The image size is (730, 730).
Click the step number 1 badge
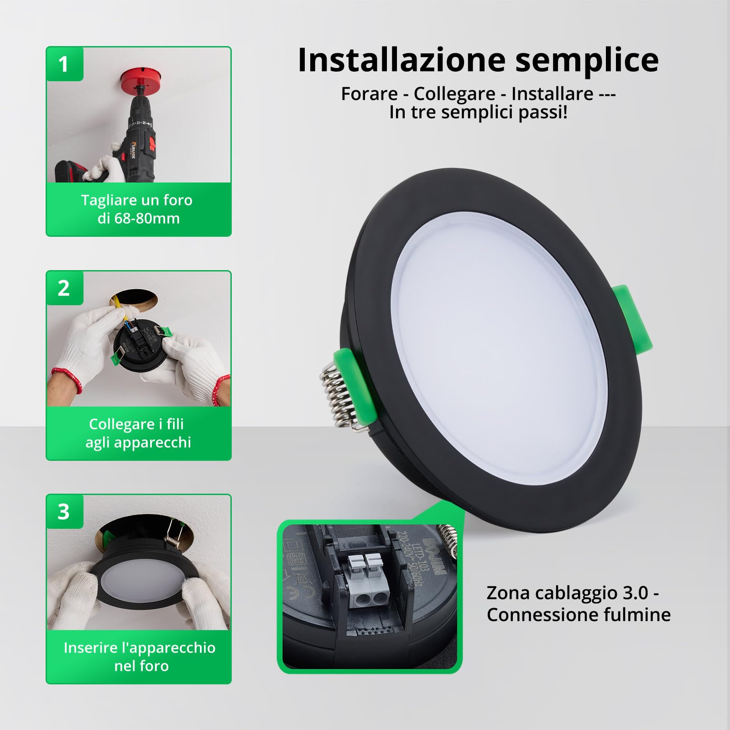coord(64,64)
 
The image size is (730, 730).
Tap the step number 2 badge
coord(64,288)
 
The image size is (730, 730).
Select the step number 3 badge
coord(64,512)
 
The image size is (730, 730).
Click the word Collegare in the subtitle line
coord(454,94)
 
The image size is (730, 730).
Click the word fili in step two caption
coord(175,424)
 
